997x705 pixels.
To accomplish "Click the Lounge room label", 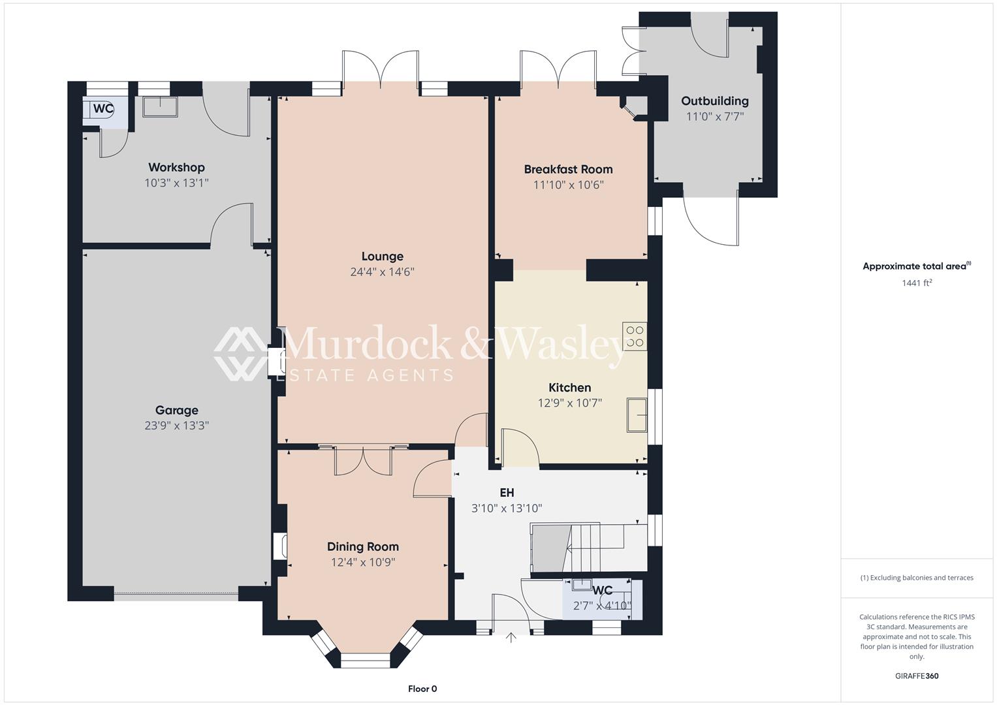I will pyautogui.click(x=382, y=257).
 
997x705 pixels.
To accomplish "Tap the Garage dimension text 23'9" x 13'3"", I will pyautogui.click(x=176, y=426).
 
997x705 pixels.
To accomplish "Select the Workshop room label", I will pyautogui.click(x=176, y=168).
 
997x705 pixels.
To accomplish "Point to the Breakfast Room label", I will pyautogui.click(x=568, y=169).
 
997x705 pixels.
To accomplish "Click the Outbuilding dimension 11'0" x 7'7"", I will pyautogui.click(x=715, y=117).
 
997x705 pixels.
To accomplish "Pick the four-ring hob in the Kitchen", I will pyautogui.click(x=635, y=337).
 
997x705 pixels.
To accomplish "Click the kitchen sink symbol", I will pyautogui.click(x=637, y=415).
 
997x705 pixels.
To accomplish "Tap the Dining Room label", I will pyautogui.click(x=362, y=547).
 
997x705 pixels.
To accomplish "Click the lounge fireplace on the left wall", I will pyautogui.click(x=276, y=362).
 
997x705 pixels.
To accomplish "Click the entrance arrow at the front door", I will pyautogui.click(x=511, y=638).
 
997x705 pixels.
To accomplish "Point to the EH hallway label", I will pyautogui.click(x=507, y=493).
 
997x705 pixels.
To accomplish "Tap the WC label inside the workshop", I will pyautogui.click(x=103, y=109).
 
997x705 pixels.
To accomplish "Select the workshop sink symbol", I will pyautogui.click(x=160, y=106).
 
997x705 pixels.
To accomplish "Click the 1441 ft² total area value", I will pyautogui.click(x=916, y=283).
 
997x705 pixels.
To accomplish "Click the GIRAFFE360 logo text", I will pyautogui.click(x=916, y=676).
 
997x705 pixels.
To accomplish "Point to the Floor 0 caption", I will pyautogui.click(x=422, y=689).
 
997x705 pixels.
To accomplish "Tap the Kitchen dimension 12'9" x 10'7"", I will pyautogui.click(x=569, y=403).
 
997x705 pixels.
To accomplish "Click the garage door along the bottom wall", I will pyautogui.click(x=176, y=596).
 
